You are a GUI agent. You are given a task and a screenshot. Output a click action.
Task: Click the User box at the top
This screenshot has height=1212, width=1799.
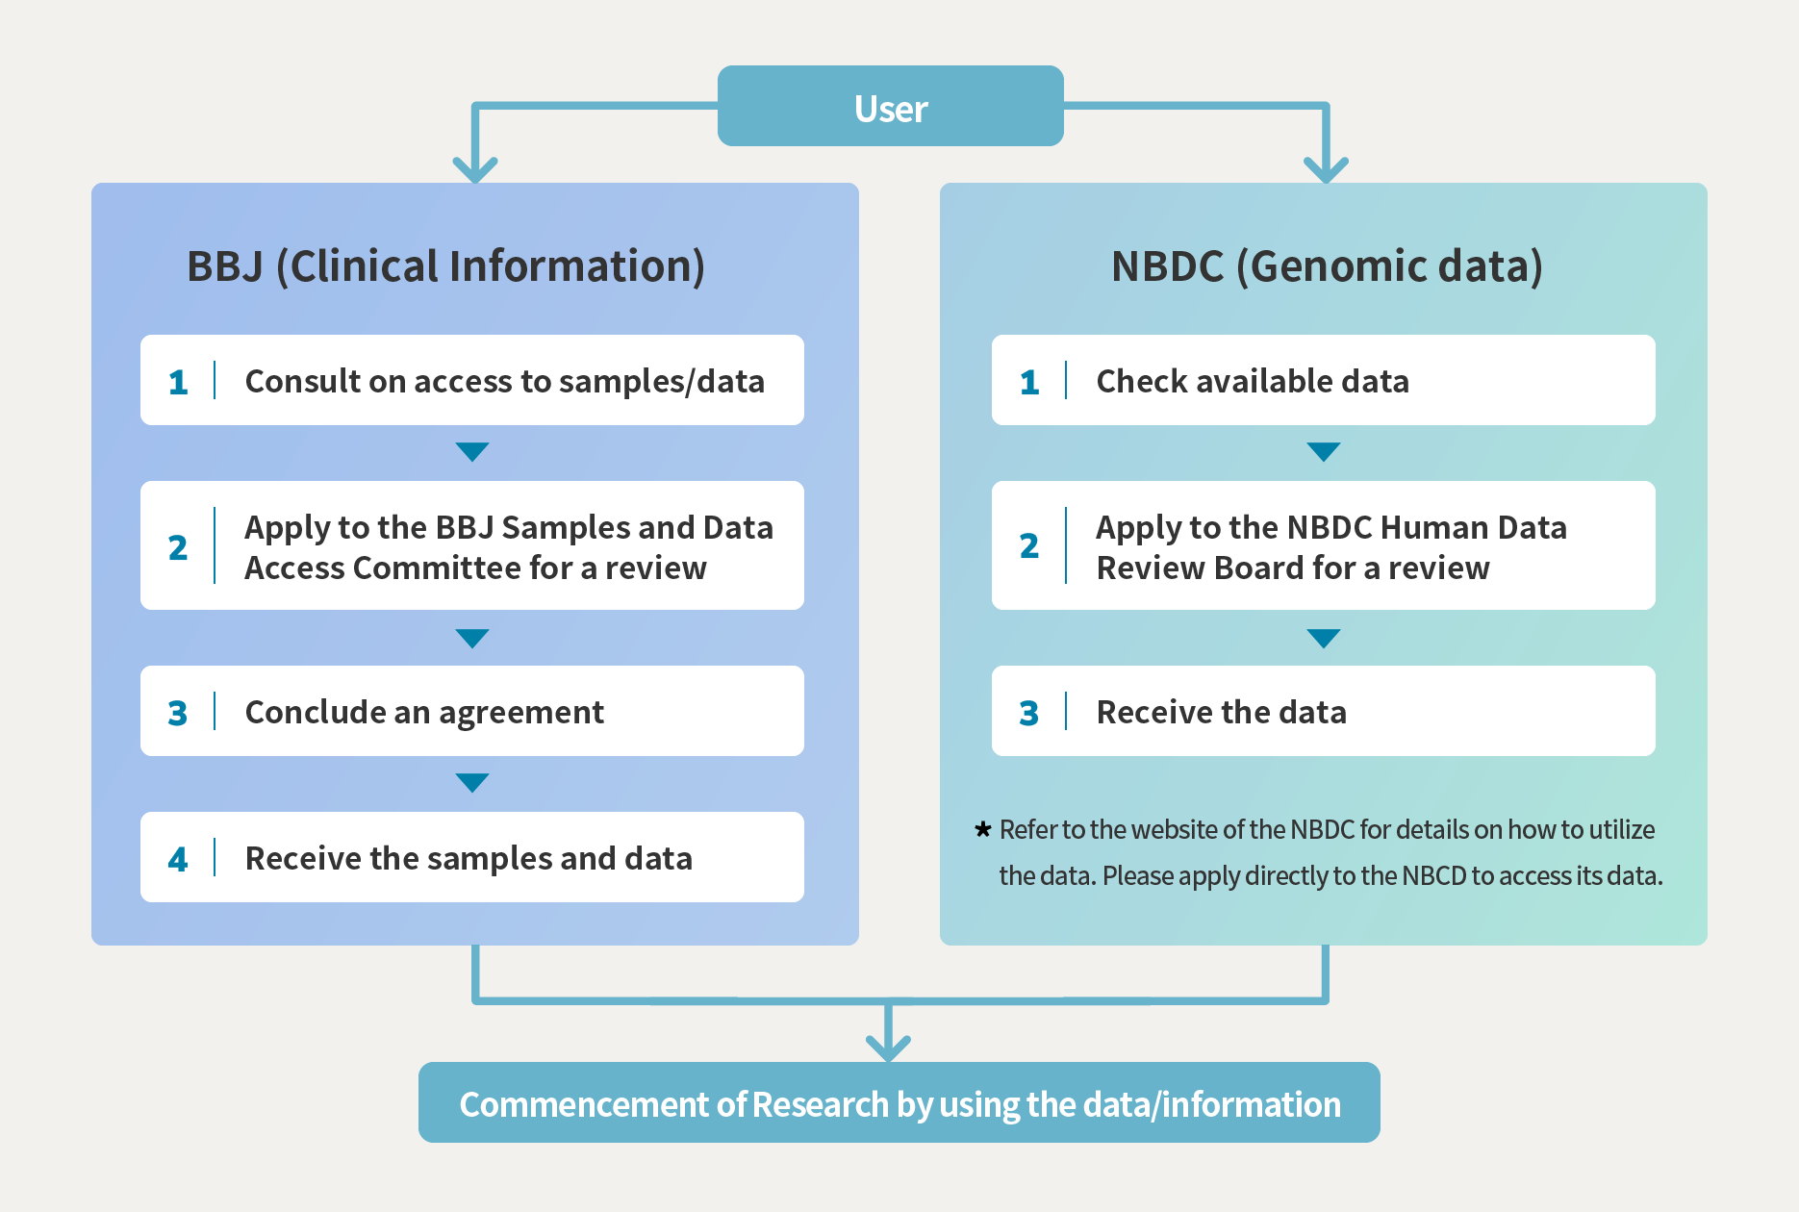(890, 107)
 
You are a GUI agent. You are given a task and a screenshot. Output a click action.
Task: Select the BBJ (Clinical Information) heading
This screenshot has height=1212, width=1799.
(445, 266)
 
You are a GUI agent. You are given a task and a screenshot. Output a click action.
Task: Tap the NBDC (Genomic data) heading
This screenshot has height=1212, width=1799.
(1326, 266)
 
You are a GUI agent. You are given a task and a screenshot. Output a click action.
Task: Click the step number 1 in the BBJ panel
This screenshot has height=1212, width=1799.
(178, 382)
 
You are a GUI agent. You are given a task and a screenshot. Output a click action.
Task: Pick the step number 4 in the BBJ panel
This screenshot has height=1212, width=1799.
(178, 859)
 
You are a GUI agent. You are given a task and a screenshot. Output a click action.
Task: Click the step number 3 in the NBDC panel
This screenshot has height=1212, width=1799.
(1028, 713)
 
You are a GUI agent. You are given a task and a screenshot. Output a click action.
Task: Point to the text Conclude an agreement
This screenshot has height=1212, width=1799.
(424, 713)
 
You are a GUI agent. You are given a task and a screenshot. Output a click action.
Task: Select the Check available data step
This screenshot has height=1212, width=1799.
(1252, 382)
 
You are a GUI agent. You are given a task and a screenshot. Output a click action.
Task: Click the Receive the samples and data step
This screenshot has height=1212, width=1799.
(469, 859)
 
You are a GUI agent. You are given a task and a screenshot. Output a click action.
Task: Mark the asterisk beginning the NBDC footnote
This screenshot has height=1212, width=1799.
(982, 829)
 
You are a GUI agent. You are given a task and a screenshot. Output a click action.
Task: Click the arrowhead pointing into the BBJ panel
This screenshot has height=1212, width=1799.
(475, 170)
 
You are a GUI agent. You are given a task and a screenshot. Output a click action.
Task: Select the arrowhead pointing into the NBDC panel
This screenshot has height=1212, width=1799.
(1326, 170)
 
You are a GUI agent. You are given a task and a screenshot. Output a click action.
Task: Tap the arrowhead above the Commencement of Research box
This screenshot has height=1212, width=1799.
(888, 1048)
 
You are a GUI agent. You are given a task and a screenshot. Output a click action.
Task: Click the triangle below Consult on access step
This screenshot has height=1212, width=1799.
(472, 451)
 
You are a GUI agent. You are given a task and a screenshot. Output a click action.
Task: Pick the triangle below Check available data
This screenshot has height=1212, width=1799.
(1324, 451)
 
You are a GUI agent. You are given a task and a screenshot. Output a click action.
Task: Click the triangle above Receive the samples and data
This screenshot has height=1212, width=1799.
(472, 782)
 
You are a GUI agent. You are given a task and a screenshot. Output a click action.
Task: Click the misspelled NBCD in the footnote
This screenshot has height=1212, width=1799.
(1433, 876)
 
